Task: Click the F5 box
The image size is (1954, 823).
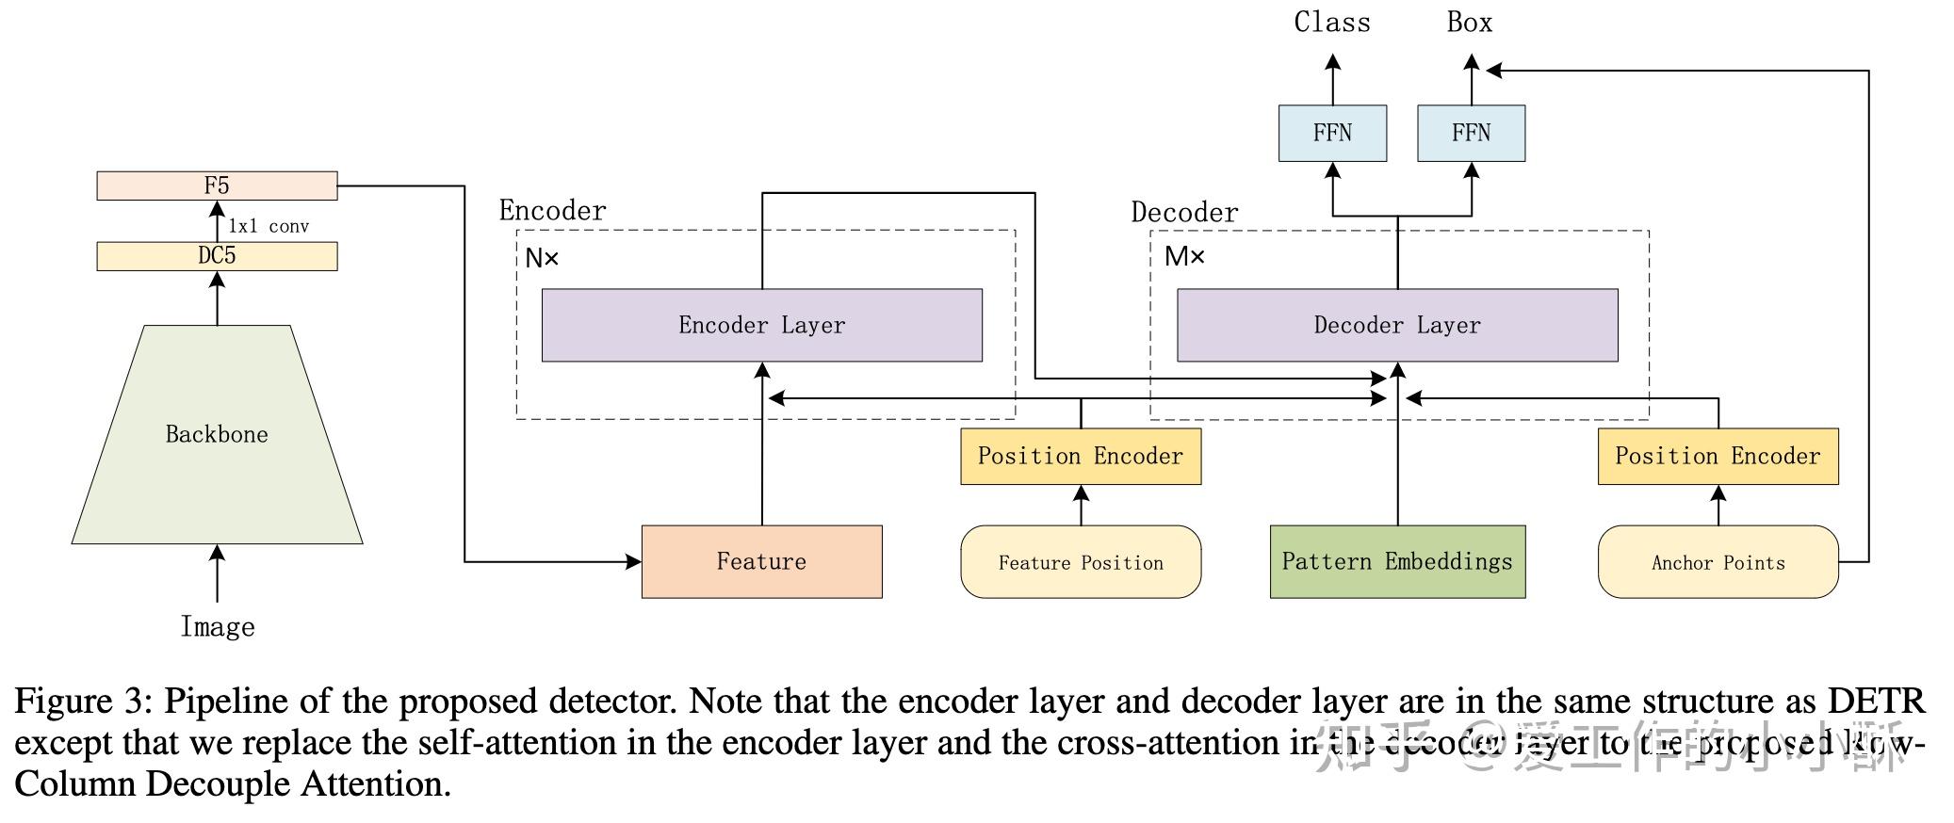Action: (x=217, y=186)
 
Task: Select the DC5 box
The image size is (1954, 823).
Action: (x=217, y=256)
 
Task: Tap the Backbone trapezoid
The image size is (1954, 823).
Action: (x=217, y=434)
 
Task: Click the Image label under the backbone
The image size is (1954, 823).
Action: (x=218, y=627)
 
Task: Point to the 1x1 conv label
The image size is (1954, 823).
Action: (x=269, y=226)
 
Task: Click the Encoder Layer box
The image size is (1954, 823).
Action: (x=761, y=325)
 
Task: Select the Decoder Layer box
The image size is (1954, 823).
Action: (x=1397, y=325)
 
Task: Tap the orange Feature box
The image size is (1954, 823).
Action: (x=761, y=561)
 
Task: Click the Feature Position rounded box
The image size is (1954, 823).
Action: (x=1081, y=562)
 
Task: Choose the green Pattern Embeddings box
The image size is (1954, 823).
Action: (x=1397, y=561)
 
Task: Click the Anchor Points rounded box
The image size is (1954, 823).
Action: (x=1718, y=562)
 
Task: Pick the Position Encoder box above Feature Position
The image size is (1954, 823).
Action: (x=1081, y=457)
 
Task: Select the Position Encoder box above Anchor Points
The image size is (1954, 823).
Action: (x=1718, y=457)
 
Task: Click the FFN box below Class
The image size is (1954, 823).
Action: (x=1332, y=133)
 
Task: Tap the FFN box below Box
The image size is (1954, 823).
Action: (x=1471, y=133)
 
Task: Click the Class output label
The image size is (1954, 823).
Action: (x=1332, y=23)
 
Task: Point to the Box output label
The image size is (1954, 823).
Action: (x=1470, y=23)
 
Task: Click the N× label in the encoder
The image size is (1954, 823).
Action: (x=542, y=258)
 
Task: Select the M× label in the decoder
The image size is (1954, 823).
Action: (x=1184, y=256)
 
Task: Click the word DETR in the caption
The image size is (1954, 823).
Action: (x=1876, y=702)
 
